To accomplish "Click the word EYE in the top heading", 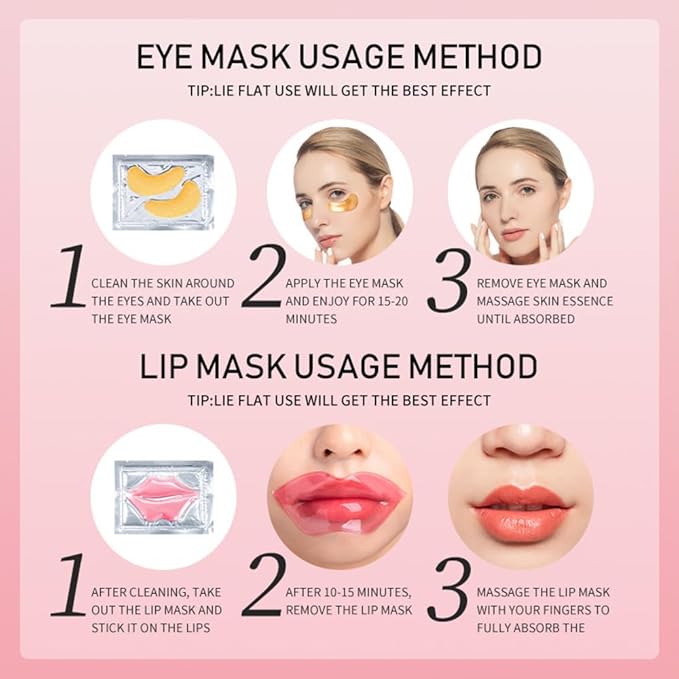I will click(x=172, y=55).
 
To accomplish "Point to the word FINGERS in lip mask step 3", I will click(x=584, y=609).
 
